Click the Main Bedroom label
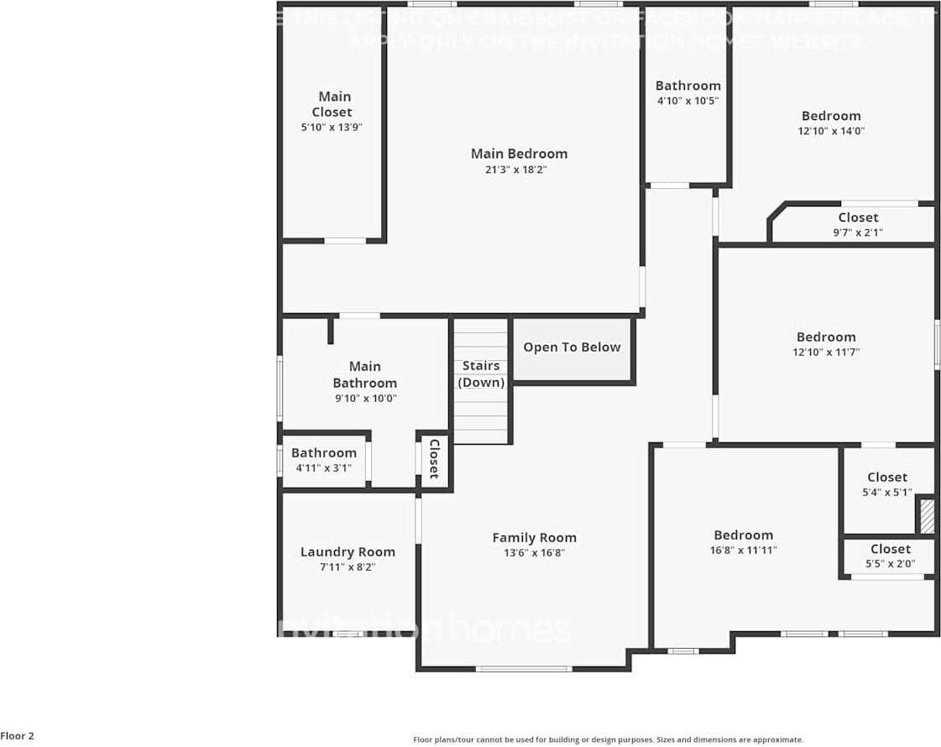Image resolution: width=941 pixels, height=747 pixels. [519, 154]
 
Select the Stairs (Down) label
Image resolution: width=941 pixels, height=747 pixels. [481, 374]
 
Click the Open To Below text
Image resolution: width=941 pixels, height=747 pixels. [572, 347]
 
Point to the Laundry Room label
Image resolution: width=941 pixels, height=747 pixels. [348, 552]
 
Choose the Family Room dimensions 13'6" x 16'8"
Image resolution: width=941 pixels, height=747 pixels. [534, 553]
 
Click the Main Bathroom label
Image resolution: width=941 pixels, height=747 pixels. [364, 374]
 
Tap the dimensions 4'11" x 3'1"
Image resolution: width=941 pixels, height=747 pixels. [323, 468]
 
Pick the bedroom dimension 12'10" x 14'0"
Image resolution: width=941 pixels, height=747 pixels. [831, 131]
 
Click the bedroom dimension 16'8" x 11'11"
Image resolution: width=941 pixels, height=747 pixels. [743, 551]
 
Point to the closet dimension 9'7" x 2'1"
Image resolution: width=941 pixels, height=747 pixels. [858, 232]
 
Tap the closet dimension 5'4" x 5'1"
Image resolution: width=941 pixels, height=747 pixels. [887, 493]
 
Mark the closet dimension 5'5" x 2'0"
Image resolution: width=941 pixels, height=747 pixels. [890, 564]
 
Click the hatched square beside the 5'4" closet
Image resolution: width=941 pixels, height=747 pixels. [927, 516]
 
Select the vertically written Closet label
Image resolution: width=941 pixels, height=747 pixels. [434, 459]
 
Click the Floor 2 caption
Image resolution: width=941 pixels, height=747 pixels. [18, 736]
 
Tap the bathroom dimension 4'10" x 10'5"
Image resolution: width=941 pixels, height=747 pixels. [687, 101]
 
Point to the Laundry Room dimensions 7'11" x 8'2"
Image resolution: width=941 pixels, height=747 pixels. [348, 567]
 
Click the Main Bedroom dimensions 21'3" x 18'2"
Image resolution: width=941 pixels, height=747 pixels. [519, 170]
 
